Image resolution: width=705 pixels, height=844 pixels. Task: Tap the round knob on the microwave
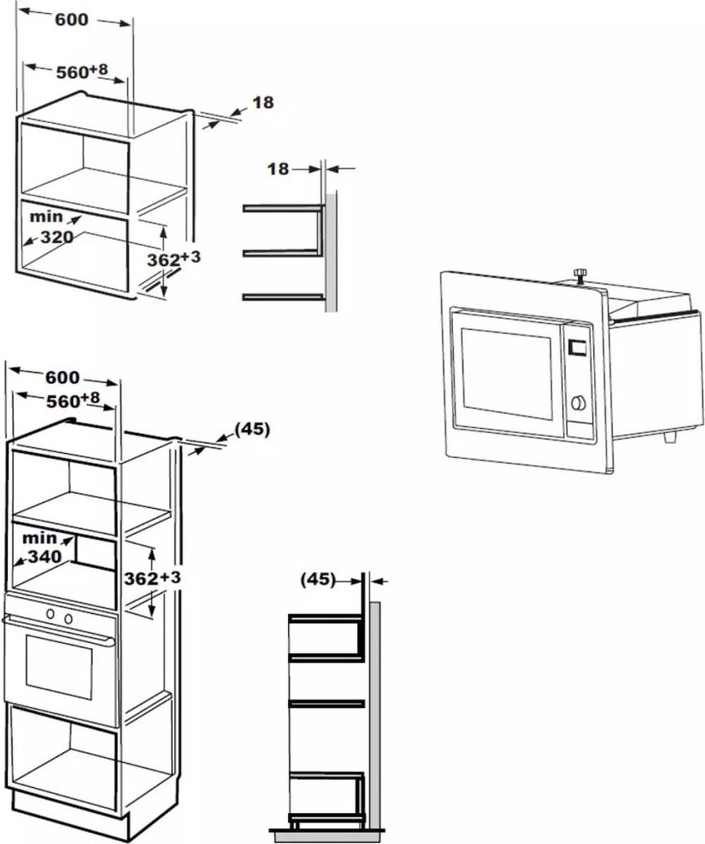(x=578, y=403)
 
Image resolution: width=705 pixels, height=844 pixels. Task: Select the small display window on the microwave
(x=578, y=347)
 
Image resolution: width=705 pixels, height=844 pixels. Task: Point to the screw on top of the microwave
(x=580, y=274)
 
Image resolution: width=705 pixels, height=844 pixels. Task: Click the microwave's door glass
(x=507, y=373)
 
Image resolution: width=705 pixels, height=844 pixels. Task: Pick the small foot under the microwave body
(x=669, y=437)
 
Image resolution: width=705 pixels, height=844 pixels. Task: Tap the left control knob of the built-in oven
(x=51, y=614)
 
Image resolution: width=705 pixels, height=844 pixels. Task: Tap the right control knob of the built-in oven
(x=68, y=618)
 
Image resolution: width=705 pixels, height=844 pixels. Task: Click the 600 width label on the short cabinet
(x=72, y=20)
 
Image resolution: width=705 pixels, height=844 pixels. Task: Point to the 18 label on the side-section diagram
(x=279, y=169)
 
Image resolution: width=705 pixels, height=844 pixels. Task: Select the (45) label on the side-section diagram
(x=317, y=580)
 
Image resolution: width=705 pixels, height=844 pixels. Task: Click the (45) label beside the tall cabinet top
(x=251, y=429)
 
